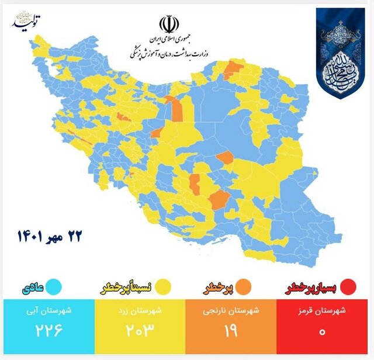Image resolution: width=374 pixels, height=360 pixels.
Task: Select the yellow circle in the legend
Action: coord(163,288)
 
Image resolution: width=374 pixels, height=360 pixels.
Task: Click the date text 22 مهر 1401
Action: coord(50,236)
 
